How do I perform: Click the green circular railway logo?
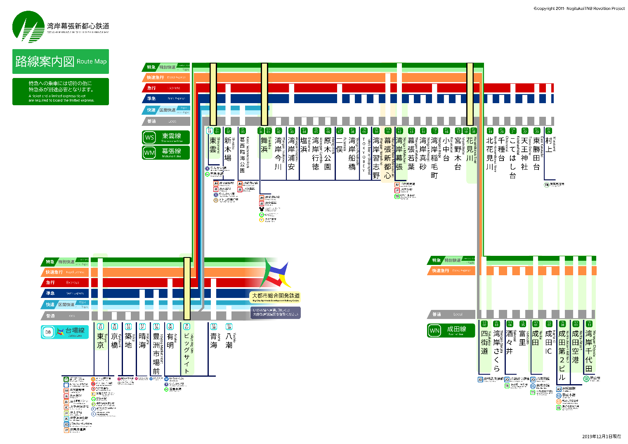(x=28, y=27)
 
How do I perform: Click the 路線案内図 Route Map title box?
(x=61, y=61)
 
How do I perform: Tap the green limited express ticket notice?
(x=61, y=92)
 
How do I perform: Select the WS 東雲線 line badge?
(x=165, y=137)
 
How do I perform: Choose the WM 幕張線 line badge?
(x=165, y=152)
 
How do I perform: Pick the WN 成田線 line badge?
(x=451, y=330)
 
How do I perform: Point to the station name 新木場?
(x=228, y=149)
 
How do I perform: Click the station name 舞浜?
(x=264, y=145)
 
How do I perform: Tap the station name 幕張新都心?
(x=387, y=158)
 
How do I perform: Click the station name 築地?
(x=128, y=341)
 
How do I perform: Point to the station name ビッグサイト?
(x=187, y=352)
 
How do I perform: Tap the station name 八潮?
(x=229, y=341)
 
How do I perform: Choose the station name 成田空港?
(x=576, y=347)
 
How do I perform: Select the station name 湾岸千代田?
(x=589, y=351)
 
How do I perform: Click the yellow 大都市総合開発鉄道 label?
(x=276, y=296)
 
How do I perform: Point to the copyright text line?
(x=579, y=8)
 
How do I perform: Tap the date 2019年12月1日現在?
(x=601, y=437)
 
